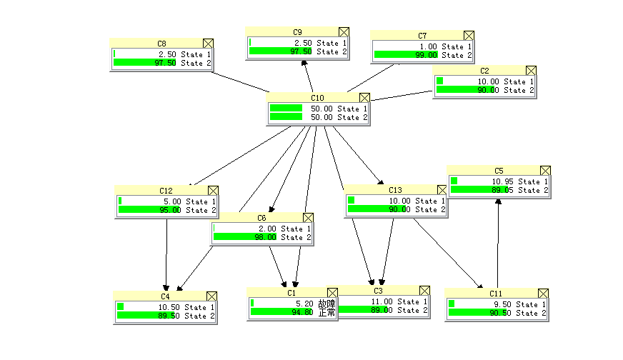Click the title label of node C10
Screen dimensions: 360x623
coord(317,98)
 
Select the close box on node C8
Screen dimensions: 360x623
coord(208,44)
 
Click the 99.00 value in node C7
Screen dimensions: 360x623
coord(427,55)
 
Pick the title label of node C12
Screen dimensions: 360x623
coord(166,191)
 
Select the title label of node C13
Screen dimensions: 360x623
coord(395,190)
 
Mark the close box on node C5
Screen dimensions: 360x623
coord(545,171)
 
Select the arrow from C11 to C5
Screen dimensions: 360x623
coord(498,243)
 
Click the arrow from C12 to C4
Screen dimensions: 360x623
coord(166,254)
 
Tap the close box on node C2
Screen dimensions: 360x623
coord(531,71)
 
